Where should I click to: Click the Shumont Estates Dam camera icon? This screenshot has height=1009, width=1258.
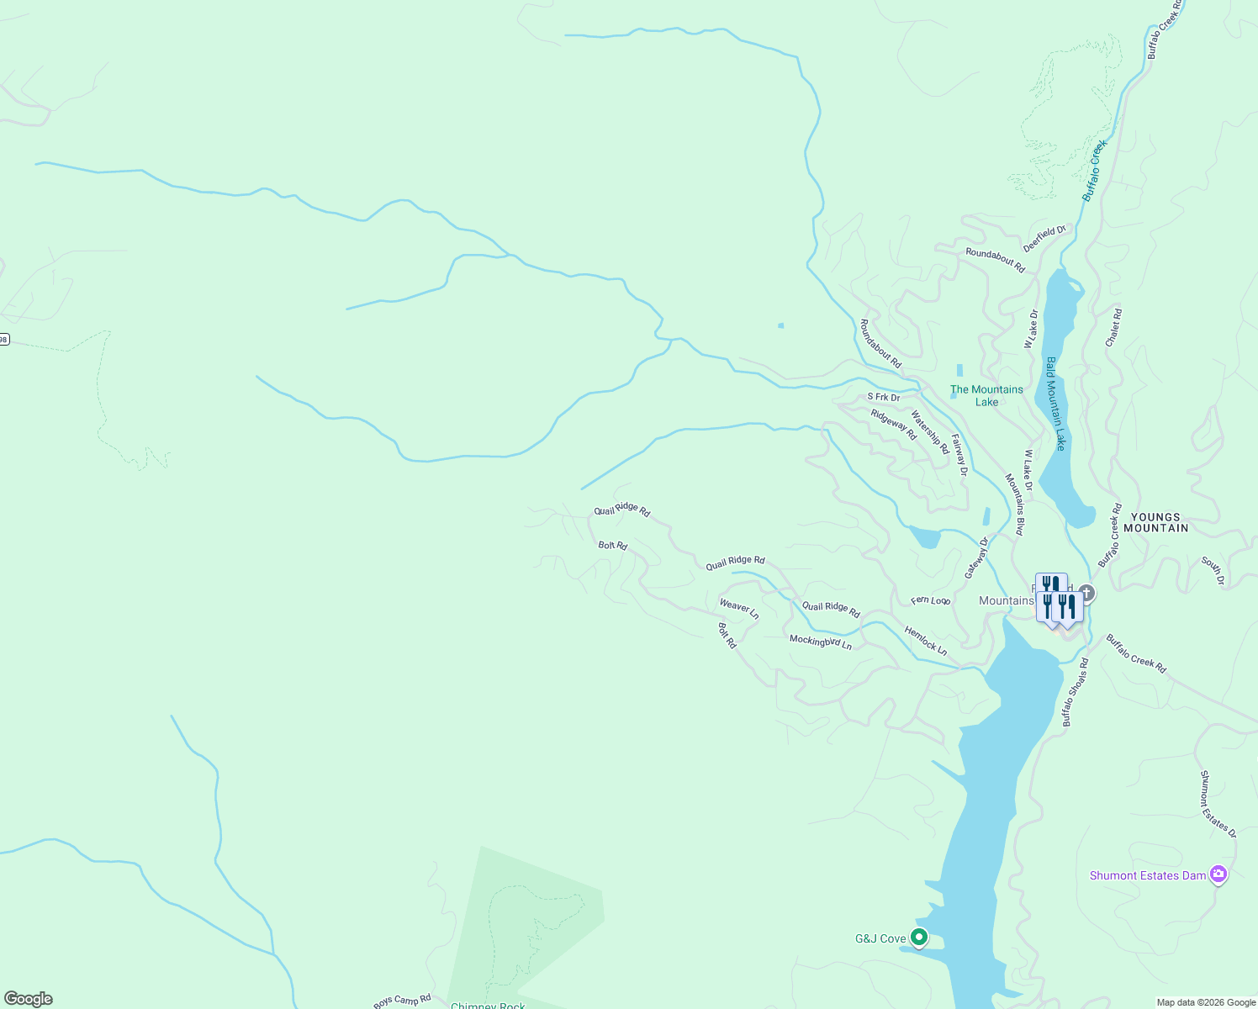1218,874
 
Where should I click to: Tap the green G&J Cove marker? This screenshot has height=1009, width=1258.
919,937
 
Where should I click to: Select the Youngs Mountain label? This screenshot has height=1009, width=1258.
1160,523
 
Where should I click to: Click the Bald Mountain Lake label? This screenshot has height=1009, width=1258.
1055,404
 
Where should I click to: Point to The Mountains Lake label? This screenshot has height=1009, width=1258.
986,395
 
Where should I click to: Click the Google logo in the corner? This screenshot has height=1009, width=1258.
29,999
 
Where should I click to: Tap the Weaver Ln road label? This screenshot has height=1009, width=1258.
739,609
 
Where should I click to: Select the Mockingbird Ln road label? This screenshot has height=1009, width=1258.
821,642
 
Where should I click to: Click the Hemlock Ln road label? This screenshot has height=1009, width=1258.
926,641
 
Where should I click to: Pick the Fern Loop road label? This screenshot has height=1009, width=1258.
931,600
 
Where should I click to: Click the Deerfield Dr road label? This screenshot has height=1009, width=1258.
1044,239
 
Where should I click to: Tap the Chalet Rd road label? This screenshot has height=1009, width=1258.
1113,328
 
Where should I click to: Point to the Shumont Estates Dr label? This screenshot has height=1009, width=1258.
1218,804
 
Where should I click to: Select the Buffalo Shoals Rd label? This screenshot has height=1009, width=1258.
1075,692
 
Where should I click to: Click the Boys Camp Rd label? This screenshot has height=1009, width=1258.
402,1001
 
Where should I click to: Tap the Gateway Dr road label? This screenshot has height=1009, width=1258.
976,557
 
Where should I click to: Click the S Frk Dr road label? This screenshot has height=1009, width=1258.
884,397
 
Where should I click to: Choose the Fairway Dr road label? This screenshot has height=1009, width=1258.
959,455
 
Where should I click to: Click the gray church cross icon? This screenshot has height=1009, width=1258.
1086,593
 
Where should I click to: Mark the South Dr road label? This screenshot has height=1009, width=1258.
1213,570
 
